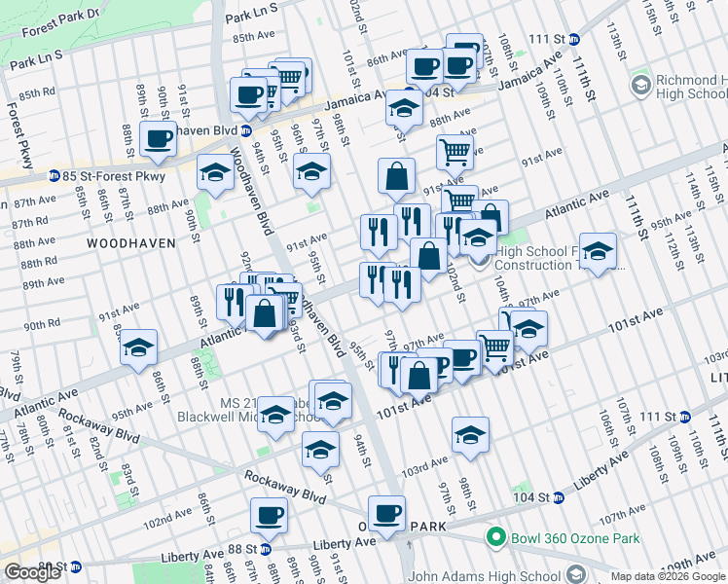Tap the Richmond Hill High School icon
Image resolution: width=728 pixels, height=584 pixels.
coord(640,86)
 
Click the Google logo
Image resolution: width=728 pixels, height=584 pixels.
coord(32,572)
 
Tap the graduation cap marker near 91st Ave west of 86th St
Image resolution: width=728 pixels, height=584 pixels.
coord(139,346)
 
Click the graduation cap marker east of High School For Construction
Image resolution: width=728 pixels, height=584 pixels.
coord(598,251)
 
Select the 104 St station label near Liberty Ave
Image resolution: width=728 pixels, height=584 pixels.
coord(531,497)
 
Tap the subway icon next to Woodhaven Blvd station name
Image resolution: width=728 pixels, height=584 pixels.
coord(246,130)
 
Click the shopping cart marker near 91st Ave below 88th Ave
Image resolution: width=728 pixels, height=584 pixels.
coord(455,151)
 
